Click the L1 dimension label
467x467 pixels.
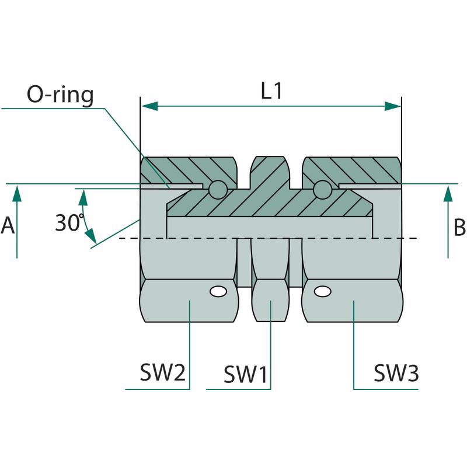pos(271,92)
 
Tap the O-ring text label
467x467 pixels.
pos(60,95)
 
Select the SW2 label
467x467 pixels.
pos(162,372)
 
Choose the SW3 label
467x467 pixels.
pos(396,372)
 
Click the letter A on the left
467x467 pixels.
pos(8,225)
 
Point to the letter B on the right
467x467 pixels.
pos(459,226)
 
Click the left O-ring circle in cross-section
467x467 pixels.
pos(217,189)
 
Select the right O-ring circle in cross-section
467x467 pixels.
pos(322,189)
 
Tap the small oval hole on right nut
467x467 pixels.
pos(320,290)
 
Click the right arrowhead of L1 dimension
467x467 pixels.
pos(393,106)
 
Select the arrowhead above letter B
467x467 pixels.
pos(448,193)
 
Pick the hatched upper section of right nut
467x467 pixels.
pos(356,169)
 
